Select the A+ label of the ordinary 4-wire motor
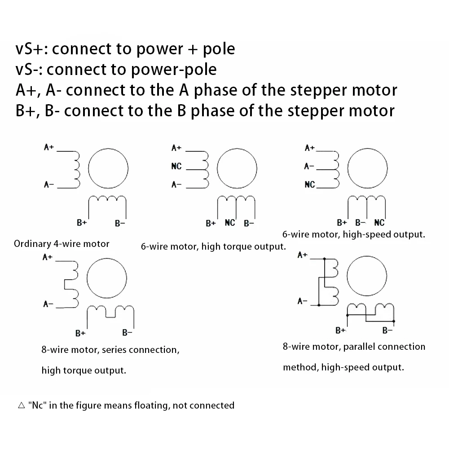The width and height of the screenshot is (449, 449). pyautogui.click(x=49, y=147)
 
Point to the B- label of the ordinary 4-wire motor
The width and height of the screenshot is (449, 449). pyautogui.click(x=119, y=223)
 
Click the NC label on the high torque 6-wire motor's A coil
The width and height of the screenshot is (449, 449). pyautogui.click(x=176, y=167)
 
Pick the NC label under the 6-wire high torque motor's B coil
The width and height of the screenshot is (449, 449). pyautogui.click(x=230, y=223)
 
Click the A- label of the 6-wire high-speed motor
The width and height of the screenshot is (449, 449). pyautogui.click(x=309, y=167)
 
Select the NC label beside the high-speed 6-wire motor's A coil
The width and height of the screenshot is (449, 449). pyautogui.click(x=310, y=185)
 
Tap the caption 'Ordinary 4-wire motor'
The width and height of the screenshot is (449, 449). pyautogui.click(x=62, y=244)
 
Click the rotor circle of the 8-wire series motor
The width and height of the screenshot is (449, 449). pyautogui.click(x=106, y=278)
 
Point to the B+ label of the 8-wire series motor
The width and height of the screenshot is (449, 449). pyautogui.click(x=80, y=333)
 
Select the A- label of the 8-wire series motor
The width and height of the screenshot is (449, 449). pyautogui.click(x=48, y=304)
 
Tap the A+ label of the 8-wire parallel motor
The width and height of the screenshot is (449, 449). pyautogui.click(x=303, y=255)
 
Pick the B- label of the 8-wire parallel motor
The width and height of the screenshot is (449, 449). pyautogui.click(x=387, y=331)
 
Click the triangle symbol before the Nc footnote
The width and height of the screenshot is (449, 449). pyautogui.click(x=21, y=405)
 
